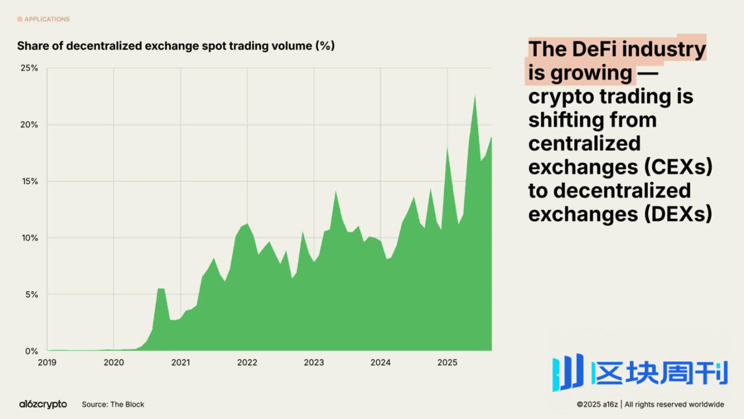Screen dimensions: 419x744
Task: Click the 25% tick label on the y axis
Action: pyautogui.click(x=30, y=68)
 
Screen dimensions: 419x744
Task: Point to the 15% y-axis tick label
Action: pyautogui.click(x=30, y=181)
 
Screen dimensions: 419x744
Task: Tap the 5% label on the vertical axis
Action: pyautogui.click(x=31, y=295)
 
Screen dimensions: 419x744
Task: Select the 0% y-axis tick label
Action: pyautogui.click(x=31, y=351)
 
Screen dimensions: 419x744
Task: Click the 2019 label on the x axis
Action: pyautogui.click(x=47, y=362)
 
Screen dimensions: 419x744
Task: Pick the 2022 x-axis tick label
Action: pyautogui.click(x=247, y=362)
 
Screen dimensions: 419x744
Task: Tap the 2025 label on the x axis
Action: pyautogui.click(x=447, y=362)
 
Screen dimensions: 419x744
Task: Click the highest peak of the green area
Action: pyautogui.click(x=475, y=96)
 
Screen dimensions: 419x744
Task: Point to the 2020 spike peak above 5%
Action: pyautogui.click(x=160, y=289)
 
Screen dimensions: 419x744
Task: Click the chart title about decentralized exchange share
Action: pyautogui.click(x=176, y=46)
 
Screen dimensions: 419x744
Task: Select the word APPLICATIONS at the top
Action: pyautogui.click(x=47, y=19)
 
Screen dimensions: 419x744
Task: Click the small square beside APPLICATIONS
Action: pyautogui.click(x=20, y=19)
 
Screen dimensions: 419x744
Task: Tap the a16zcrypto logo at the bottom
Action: pyautogui.click(x=43, y=404)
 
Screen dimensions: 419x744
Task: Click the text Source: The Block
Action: pyautogui.click(x=113, y=404)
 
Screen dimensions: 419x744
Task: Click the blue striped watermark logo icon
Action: pyautogui.click(x=568, y=372)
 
